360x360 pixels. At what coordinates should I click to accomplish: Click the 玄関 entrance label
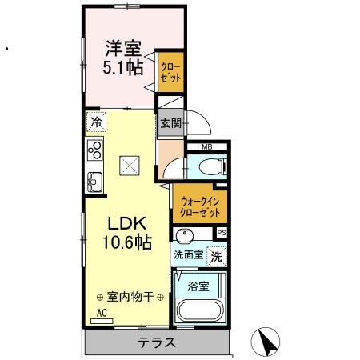pyautogui.click(x=170, y=124)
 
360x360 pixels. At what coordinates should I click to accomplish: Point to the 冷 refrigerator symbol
pyautogui.click(x=96, y=123)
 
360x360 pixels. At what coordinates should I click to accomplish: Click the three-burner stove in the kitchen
pyautogui.click(x=96, y=150)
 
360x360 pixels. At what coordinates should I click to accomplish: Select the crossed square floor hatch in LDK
pyautogui.click(x=130, y=165)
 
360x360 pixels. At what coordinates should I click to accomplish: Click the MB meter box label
pyautogui.click(x=206, y=146)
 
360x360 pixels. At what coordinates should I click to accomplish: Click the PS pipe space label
pyautogui.click(x=222, y=233)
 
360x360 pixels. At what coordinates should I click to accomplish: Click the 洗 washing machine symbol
pyautogui.click(x=216, y=256)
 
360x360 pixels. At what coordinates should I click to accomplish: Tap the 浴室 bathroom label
pyautogui.click(x=199, y=285)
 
